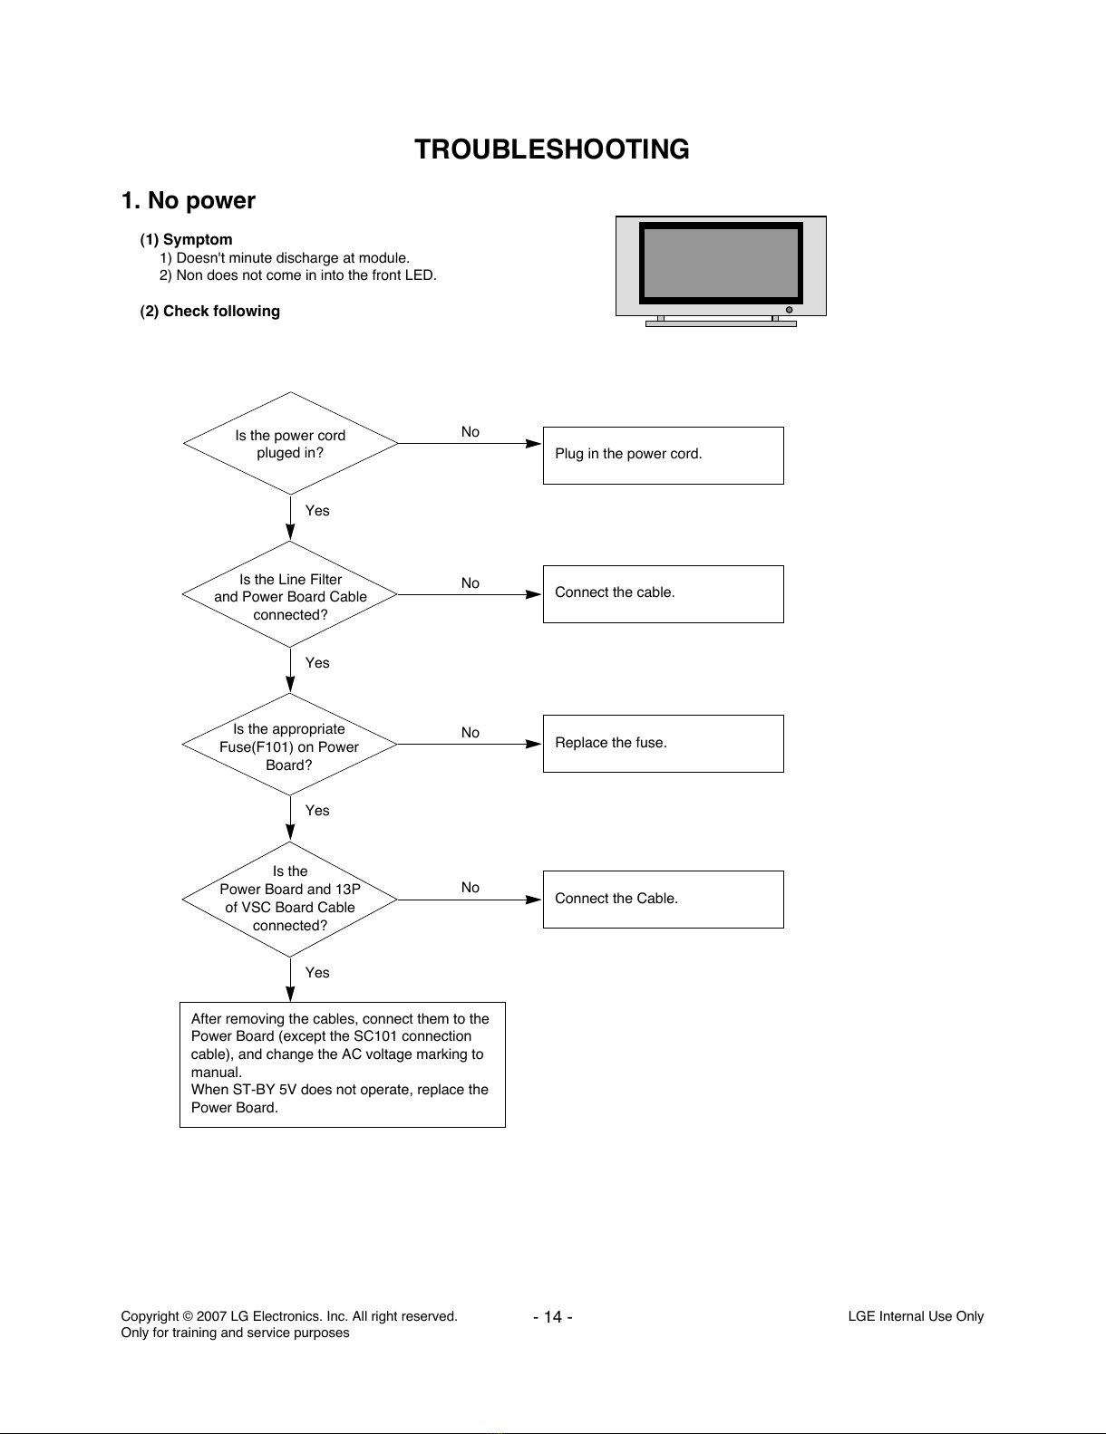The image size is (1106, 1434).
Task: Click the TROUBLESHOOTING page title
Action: (551, 149)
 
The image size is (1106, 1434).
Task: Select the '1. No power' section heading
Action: (189, 200)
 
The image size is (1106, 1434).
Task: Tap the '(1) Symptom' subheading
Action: (186, 239)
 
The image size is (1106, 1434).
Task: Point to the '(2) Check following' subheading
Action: (209, 311)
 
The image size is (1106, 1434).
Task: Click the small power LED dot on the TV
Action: (789, 310)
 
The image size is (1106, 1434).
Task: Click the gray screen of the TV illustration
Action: (721, 264)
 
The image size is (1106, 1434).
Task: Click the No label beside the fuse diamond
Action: (471, 733)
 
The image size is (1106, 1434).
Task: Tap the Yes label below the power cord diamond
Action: (317, 511)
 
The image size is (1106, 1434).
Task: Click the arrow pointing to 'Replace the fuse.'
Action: (470, 745)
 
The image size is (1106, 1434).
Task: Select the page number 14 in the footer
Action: (553, 1317)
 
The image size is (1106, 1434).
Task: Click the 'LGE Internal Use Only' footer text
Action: (916, 1316)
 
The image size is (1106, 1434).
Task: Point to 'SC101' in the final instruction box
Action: (375, 1036)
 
